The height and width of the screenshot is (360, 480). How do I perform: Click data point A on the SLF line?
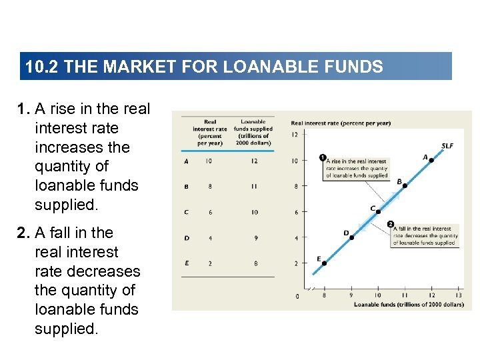(431, 160)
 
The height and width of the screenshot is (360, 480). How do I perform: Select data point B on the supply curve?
(405, 185)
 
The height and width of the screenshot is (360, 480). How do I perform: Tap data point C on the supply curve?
(378, 211)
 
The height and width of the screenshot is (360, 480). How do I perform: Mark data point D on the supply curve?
(351, 237)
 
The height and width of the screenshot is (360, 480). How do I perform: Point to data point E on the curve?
(325, 263)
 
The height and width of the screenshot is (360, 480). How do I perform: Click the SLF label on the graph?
(447, 146)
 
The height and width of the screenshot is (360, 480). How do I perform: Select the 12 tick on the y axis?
(295, 135)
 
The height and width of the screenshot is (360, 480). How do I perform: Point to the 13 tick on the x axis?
(459, 295)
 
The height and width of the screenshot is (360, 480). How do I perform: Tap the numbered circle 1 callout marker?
(323, 158)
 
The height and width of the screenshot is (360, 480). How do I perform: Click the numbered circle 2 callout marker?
(390, 225)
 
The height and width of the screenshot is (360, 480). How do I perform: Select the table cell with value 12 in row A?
(254, 161)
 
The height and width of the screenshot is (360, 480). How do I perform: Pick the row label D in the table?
(186, 237)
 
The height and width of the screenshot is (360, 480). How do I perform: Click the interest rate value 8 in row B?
(210, 186)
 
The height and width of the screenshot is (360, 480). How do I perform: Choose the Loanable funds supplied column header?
(253, 132)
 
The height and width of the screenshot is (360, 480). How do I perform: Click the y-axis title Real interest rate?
(341, 123)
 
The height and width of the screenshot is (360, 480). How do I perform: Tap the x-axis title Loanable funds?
(408, 305)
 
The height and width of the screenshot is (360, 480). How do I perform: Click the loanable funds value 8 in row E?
(254, 263)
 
